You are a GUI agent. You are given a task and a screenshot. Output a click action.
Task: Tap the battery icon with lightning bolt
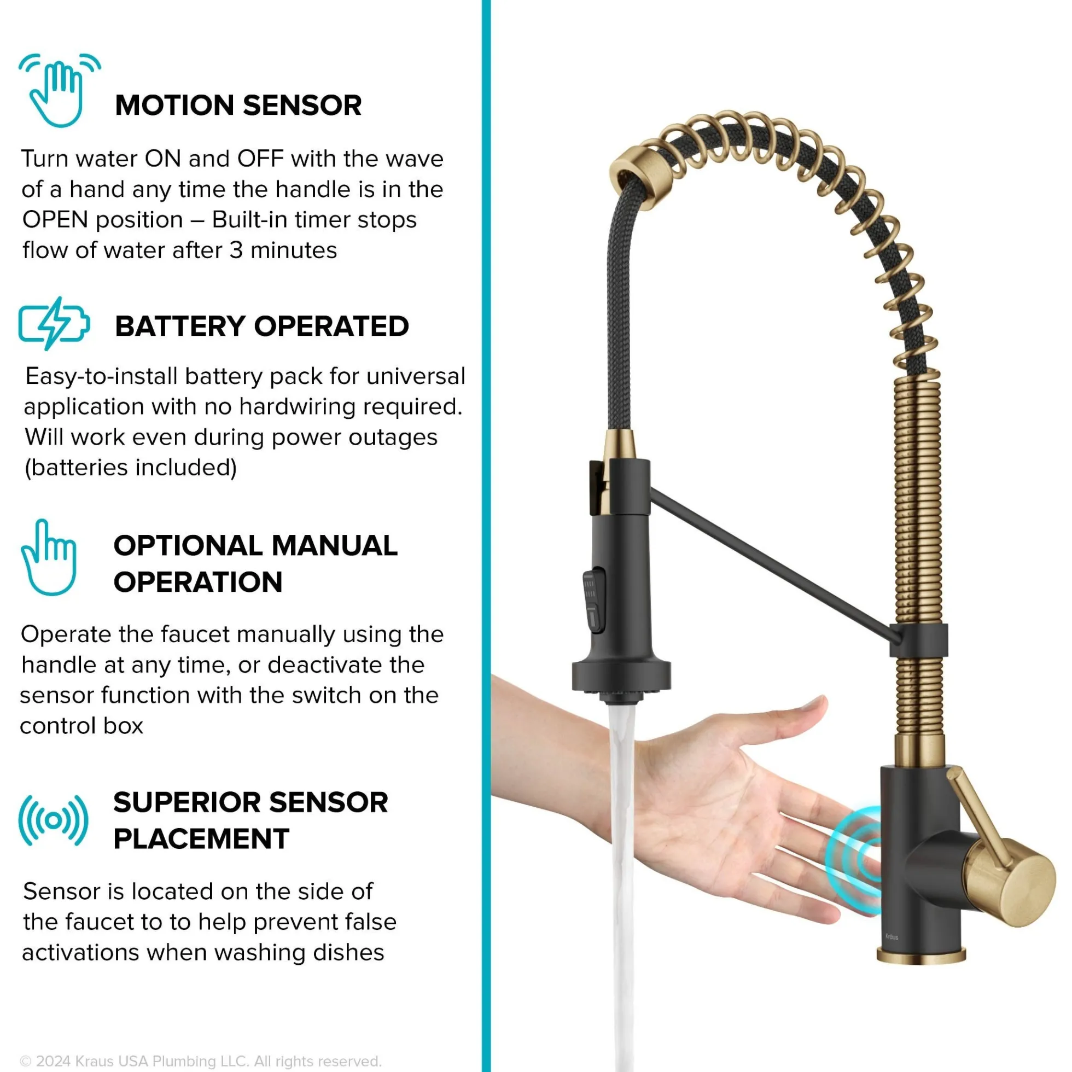click(54, 323)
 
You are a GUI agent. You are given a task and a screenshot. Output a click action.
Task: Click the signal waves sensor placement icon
click(53, 820)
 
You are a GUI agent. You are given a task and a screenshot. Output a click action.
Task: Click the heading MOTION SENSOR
click(238, 106)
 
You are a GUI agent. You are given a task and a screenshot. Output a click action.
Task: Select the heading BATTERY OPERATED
click(262, 327)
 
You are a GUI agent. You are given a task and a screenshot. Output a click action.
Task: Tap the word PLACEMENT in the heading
click(201, 839)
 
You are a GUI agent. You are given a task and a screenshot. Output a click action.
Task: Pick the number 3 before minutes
click(236, 251)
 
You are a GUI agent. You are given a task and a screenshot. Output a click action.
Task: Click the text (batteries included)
click(131, 468)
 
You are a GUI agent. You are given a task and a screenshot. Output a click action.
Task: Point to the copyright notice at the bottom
click(200, 1061)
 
